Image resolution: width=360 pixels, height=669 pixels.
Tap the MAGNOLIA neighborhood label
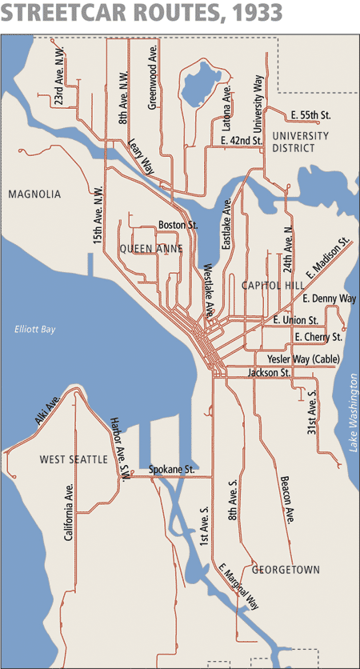pos(34,194)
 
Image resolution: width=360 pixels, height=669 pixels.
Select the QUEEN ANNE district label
pos(151,249)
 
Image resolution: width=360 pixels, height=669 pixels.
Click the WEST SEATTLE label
pos(73,459)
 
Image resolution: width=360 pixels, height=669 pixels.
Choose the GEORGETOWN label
pos(286,570)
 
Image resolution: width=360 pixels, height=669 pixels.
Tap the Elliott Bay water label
pos(34,329)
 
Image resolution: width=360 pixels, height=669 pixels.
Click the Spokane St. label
pos(172,469)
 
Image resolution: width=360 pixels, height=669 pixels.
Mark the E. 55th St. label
pos(311,116)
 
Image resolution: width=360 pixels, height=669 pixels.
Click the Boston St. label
pos(178,225)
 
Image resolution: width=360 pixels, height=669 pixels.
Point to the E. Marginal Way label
pos(239,587)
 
